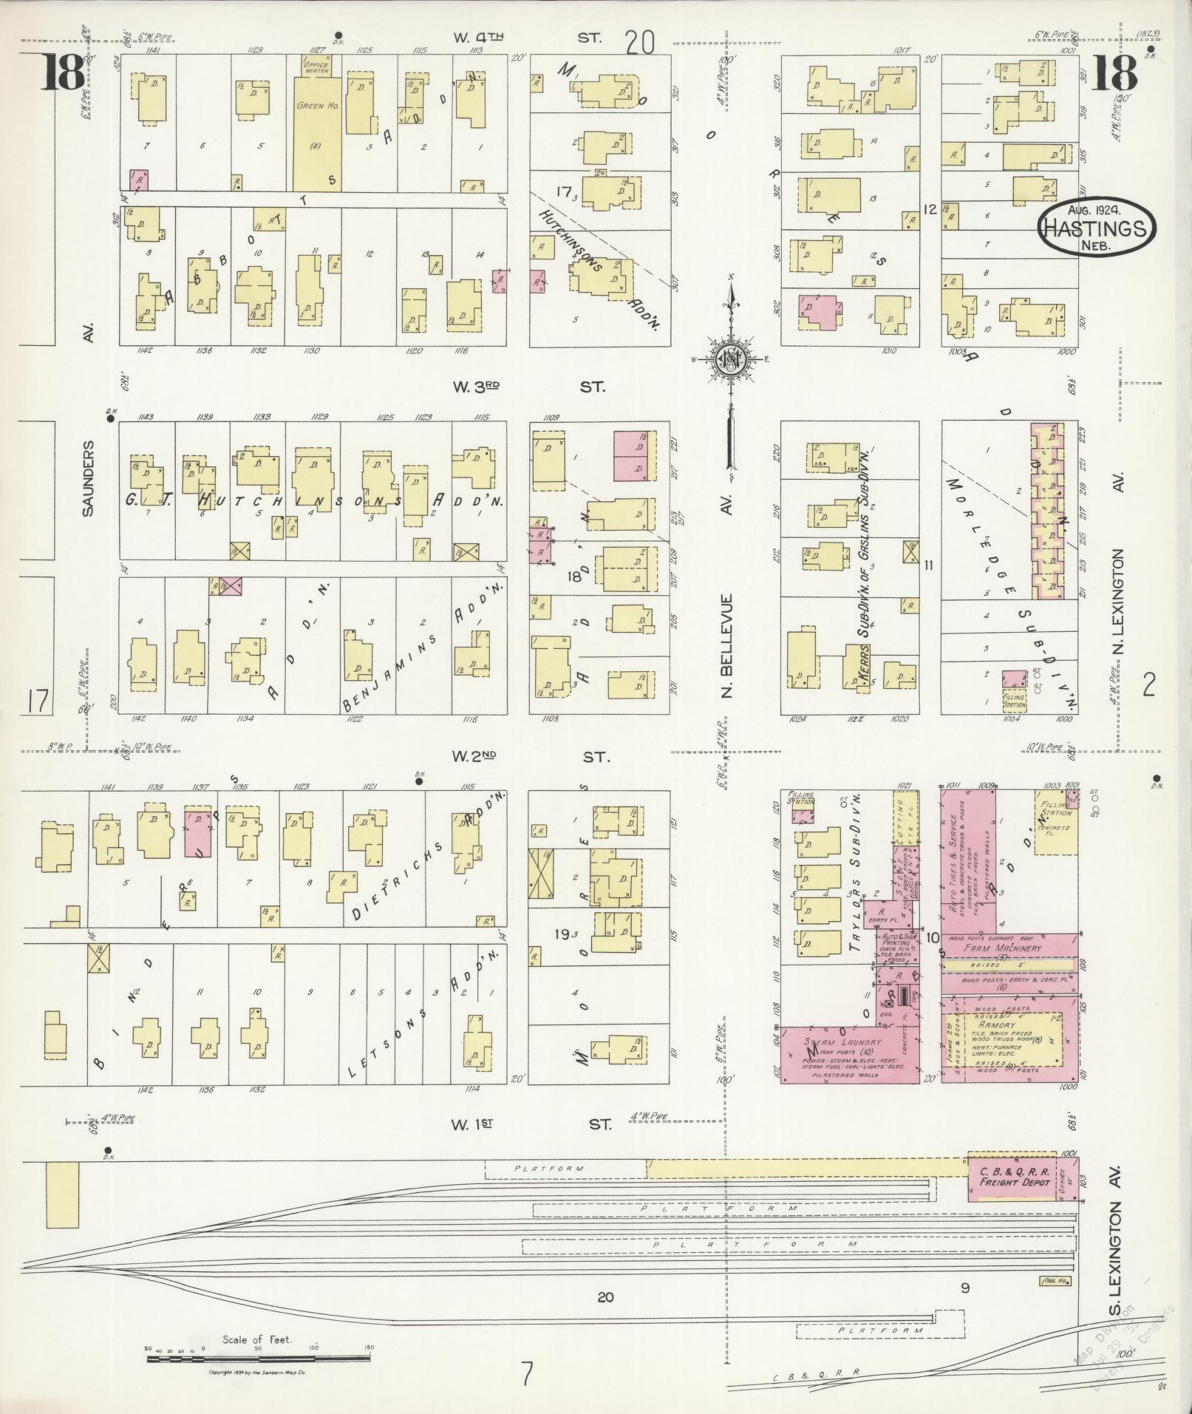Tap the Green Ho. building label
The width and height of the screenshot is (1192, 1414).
click(x=318, y=106)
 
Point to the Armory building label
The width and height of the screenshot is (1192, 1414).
click(x=995, y=1026)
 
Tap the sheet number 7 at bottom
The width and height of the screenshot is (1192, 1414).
click(x=526, y=1373)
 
